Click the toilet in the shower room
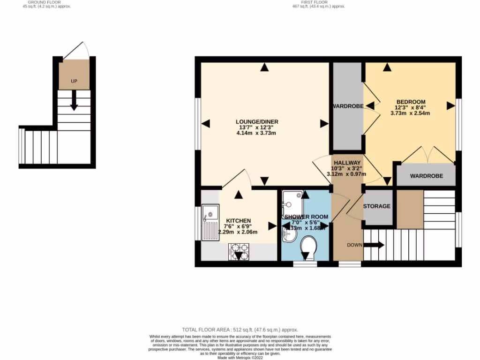[308, 246]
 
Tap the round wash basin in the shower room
[289, 234]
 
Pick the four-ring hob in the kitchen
[239, 251]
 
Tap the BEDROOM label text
[411, 102]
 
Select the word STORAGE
[377, 206]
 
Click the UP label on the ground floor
[74, 81]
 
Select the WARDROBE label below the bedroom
[426, 176]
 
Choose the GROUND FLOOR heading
[45, 2]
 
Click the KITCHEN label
[239, 220]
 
